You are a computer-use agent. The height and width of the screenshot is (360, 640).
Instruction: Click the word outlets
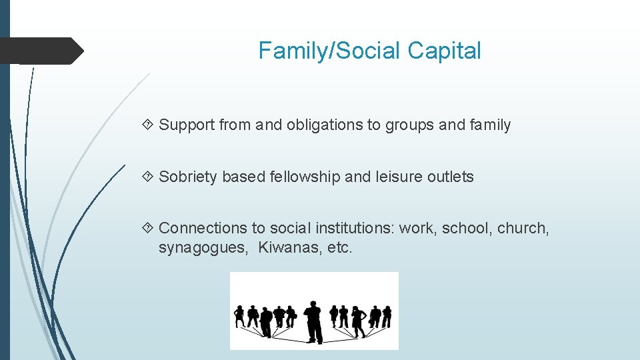pyautogui.click(x=451, y=177)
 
